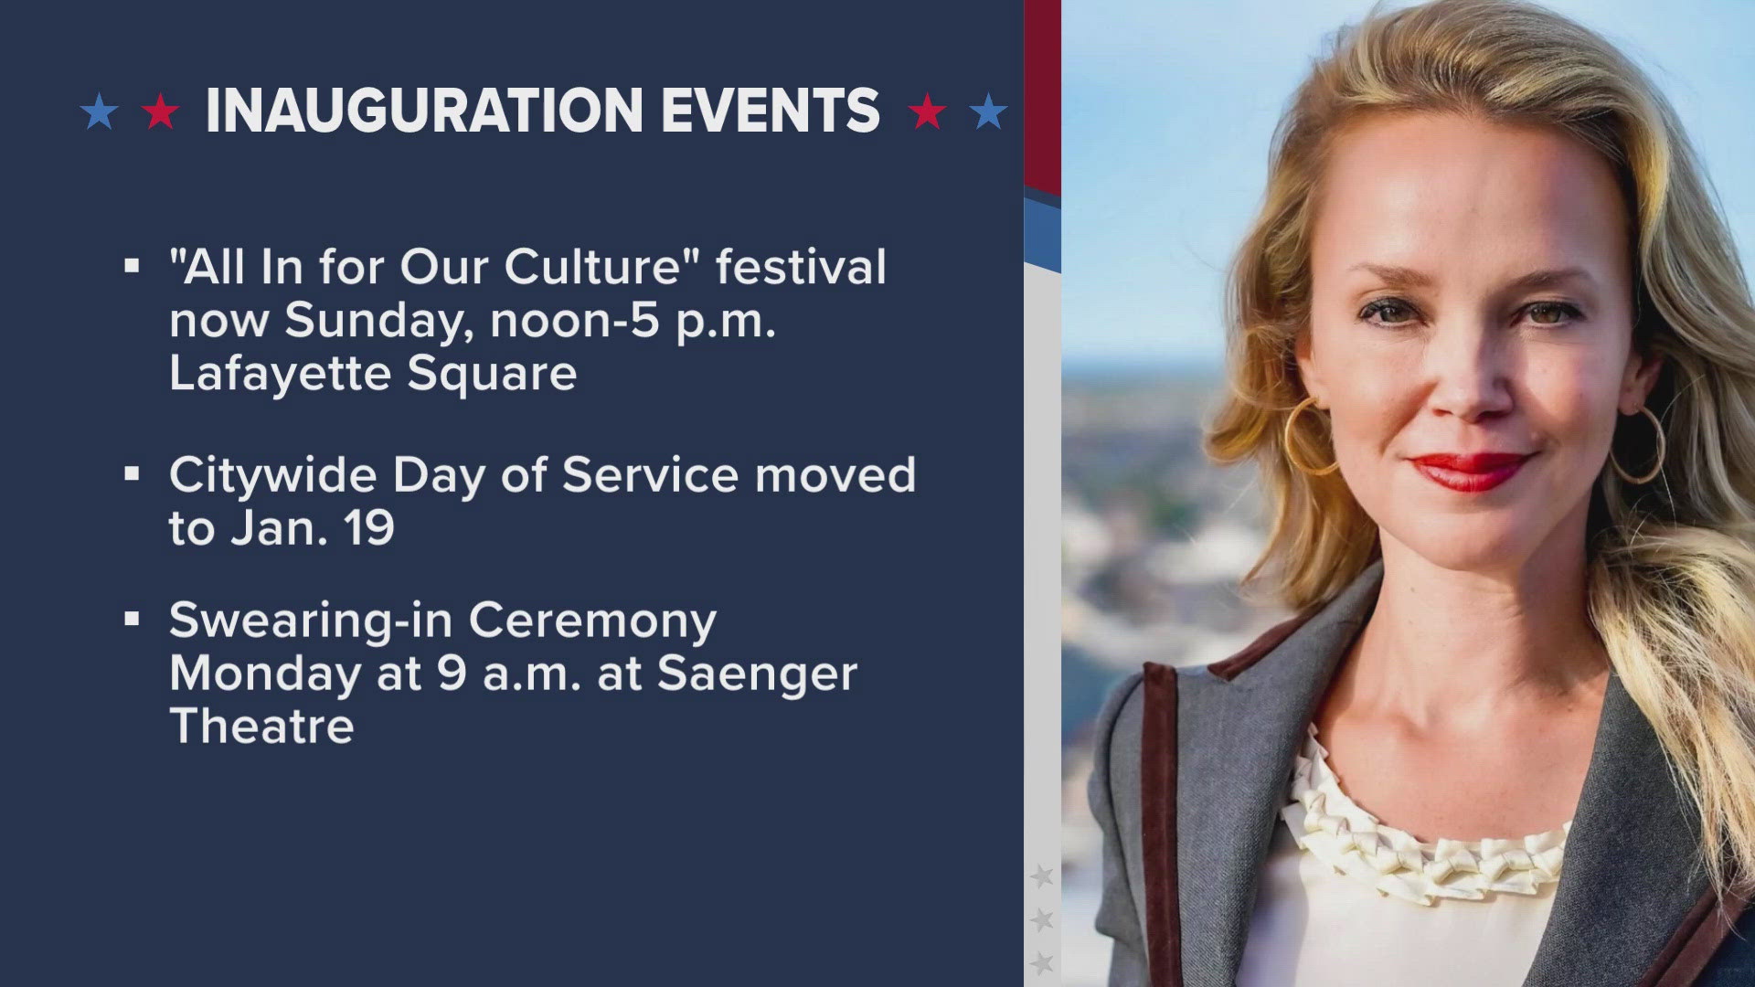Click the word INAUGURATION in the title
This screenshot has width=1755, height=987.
point(425,111)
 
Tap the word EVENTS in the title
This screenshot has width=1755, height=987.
point(771,111)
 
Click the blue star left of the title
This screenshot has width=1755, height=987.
point(100,111)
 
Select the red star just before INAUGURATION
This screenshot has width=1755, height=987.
point(161,111)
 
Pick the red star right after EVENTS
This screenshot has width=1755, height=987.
point(927,111)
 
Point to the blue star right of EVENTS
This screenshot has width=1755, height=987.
point(988,111)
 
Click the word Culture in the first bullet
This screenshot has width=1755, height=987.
point(594,267)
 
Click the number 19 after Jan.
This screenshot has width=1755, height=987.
point(369,528)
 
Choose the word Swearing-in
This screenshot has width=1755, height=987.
point(311,621)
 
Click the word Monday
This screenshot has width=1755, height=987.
point(265,674)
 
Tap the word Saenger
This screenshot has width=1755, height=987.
point(757,674)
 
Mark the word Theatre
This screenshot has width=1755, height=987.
point(261,727)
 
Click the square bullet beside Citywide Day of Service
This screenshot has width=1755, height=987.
point(132,473)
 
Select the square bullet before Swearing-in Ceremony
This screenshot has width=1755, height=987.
point(132,619)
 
